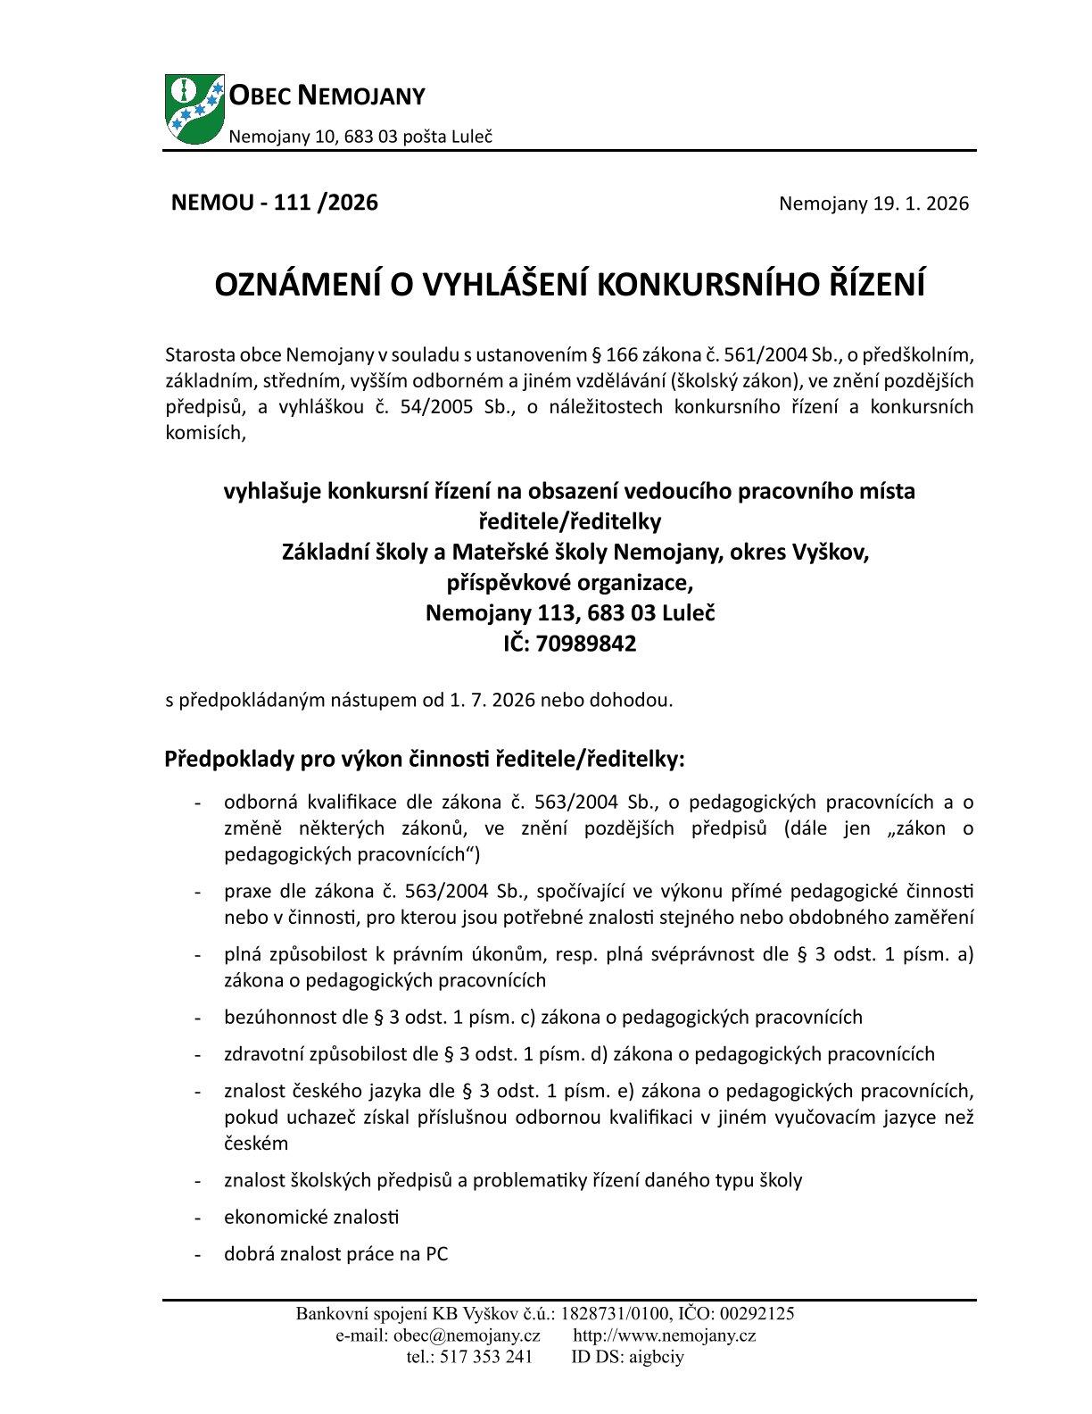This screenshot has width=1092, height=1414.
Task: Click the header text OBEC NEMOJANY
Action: tap(327, 95)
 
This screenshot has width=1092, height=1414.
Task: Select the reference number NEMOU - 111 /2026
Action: tap(275, 203)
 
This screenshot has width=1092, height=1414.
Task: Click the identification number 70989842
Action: tap(586, 644)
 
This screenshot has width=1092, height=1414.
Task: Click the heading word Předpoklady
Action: tap(223, 760)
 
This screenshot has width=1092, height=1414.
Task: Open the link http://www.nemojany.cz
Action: tap(665, 1335)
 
